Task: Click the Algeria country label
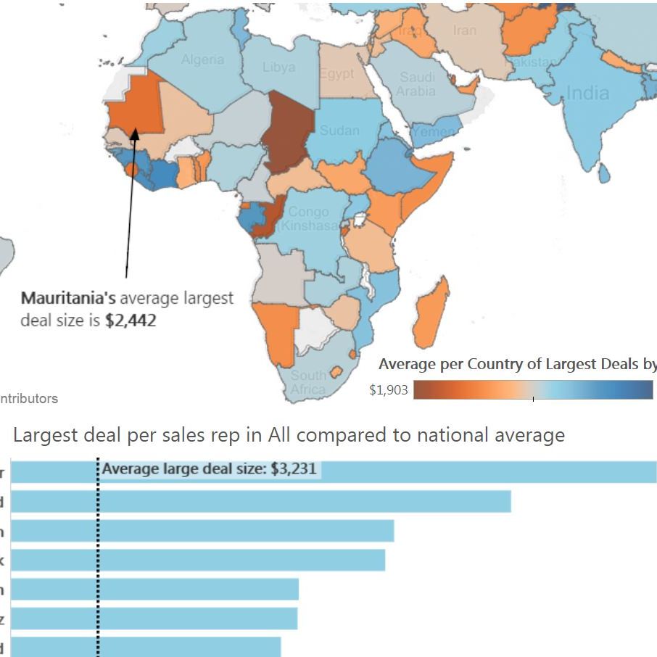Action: pyautogui.click(x=202, y=59)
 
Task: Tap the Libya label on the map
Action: pyautogui.click(x=278, y=67)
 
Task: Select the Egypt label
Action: pyautogui.click(x=336, y=74)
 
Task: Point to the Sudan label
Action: pyautogui.click(x=339, y=131)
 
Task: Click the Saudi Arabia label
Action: pyautogui.click(x=417, y=84)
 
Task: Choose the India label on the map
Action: pyautogui.click(x=587, y=93)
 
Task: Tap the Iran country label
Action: pyautogui.click(x=465, y=30)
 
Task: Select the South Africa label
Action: pyautogui.click(x=308, y=382)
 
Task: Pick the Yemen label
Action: pyautogui.click(x=435, y=132)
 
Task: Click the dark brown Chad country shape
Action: pyautogui.click(x=289, y=131)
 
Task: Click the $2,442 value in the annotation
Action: pyautogui.click(x=130, y=320)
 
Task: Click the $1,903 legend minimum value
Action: pyautogui.click(x=389, y=391)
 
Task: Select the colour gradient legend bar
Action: pyautogui.click(x=533, y=391)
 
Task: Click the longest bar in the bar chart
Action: pyautogui.click(x=377, y=471)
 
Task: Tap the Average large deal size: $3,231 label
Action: pyautogui.click(x=210, y=468)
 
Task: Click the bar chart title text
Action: pyautogui.click(x=289, y=435)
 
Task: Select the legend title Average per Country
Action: pyautogui.click(x=517, y=363)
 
